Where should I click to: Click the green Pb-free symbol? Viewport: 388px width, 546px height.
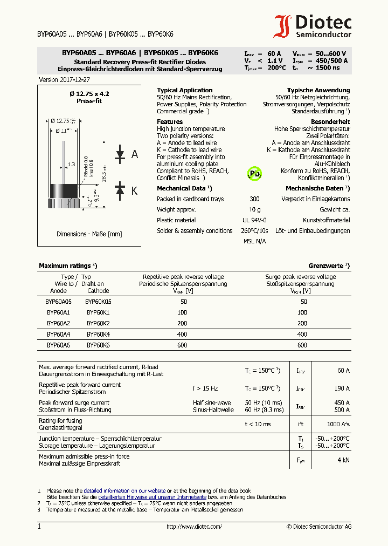click(x=254, y=173)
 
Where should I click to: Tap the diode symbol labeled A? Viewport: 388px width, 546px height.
click(x=120, y=155)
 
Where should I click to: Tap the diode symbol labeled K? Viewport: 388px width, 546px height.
click(x=120, y=190)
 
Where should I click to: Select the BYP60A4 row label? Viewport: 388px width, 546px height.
click(x=58, y=335)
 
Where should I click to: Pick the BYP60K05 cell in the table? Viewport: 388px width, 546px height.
click(x=99, y=302)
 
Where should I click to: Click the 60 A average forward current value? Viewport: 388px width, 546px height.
click(x=343, y=371)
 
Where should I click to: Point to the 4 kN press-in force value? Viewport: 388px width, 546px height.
click(x=343, y=460)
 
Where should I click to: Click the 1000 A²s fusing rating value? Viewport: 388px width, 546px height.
click(x=338, y=424)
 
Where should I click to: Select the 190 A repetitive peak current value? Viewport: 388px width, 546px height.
click(x=341, y=388)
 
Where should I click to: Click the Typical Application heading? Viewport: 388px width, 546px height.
click(x=184, y=91)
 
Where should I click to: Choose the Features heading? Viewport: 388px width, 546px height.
click(x=170, y=122)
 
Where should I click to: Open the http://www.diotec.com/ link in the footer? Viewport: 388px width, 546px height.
click(x=194, y=527)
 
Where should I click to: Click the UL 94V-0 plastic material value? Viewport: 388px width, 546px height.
click(x=254, y=220)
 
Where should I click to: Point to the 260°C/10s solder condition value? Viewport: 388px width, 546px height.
click(x=254, y=231)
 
